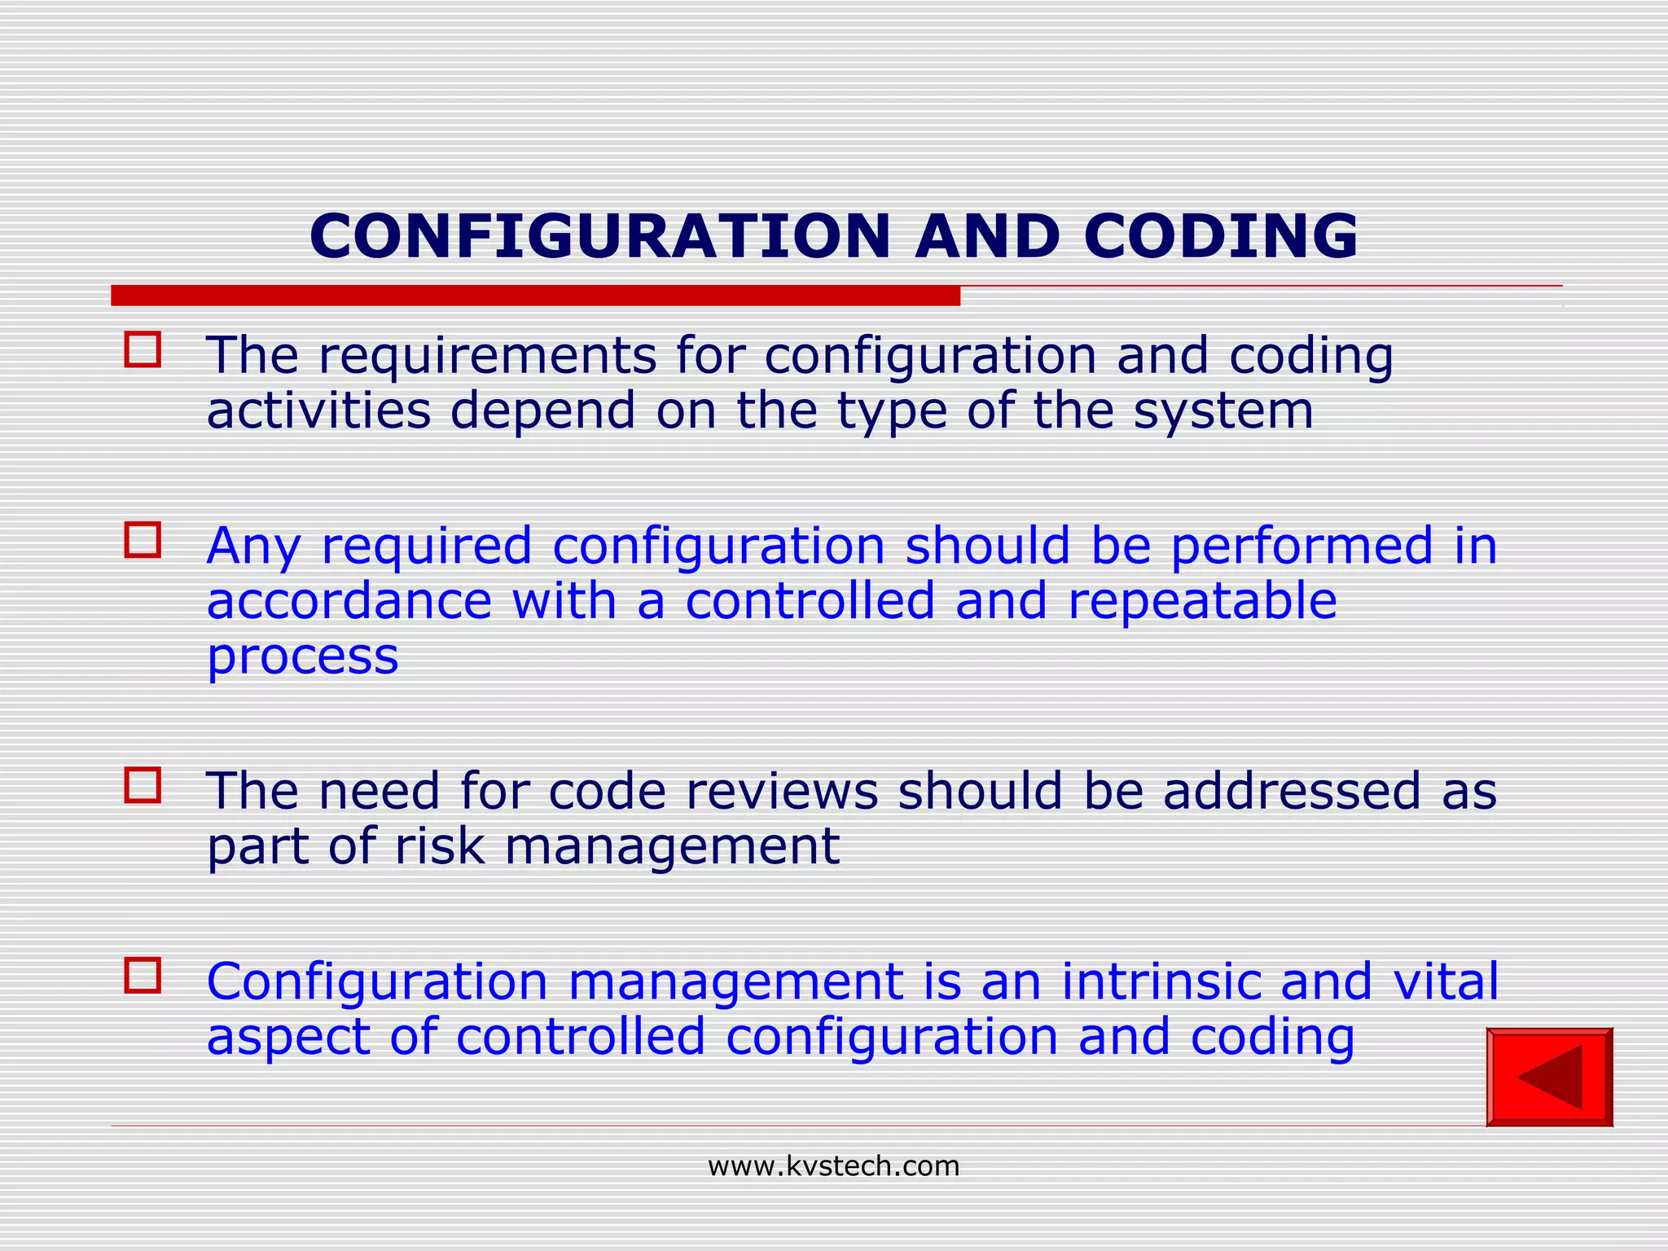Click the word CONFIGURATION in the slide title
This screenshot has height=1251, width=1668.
tap(600, 236)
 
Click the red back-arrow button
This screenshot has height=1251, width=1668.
tap(1549, 1077)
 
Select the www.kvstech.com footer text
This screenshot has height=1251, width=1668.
tap(833, 1166)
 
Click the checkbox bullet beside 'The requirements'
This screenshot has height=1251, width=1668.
tap(143, 349)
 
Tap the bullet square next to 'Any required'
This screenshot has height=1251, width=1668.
tap(143, 540)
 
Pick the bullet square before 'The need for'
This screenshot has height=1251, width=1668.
tap(143, 785)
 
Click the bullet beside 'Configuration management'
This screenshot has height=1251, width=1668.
tap(143, 975)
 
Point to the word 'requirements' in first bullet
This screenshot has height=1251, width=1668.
tap(487, 357)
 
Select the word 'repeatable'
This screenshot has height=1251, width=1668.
tap(1202, 601)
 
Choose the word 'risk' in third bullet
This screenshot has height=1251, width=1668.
tap(439, 845)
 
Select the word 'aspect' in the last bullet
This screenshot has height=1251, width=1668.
tap(289, 1038)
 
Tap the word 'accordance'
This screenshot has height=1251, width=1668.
tap(349, 601)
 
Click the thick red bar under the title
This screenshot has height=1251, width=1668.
tap(535, 296)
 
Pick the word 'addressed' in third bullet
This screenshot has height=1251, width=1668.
tap(1291, 791)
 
